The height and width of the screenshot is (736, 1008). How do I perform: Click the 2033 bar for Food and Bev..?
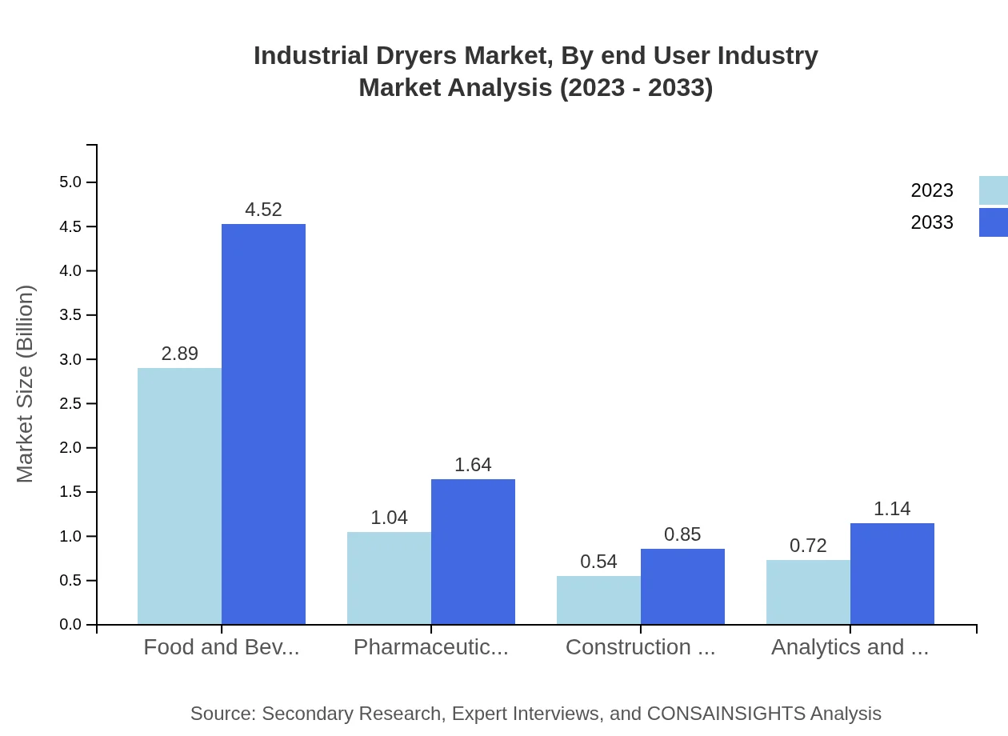point(263,424)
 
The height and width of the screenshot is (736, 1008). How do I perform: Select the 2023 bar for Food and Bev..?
point(179,496)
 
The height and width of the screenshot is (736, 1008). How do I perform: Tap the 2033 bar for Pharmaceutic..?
point(473,552)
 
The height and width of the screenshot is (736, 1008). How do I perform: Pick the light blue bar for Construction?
point(598,600)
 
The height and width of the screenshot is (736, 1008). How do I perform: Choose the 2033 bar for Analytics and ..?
point(892,574)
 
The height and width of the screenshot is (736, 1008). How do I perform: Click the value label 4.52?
point(263,210)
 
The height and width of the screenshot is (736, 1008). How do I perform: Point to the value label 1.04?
point(389,518)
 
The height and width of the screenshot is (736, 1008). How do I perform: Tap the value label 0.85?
point(682,534)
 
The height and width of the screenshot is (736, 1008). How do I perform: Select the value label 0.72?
point(808,546)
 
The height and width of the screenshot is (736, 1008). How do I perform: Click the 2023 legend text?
point(932,190)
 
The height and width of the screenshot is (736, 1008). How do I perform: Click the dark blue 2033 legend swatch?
point(993,222)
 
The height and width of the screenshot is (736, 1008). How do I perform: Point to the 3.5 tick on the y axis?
point(71,315)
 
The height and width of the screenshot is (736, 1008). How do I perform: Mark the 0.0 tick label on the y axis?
point(71,625)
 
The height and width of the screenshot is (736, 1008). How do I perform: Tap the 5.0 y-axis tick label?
point(71,182)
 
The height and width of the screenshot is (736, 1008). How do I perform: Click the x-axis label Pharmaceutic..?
point(430,647)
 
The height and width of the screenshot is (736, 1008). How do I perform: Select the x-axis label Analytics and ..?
point(850,647)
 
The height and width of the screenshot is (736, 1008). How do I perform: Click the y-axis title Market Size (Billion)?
point(26,384)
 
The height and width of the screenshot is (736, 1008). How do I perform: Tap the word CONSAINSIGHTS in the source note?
point(726,714)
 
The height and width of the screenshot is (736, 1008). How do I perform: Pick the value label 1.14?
point(892,509)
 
